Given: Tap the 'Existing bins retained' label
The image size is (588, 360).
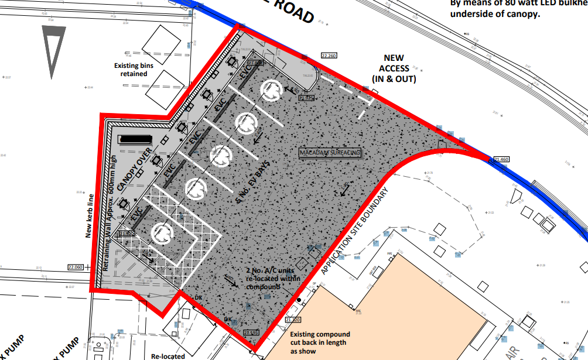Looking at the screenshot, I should click(134, 70).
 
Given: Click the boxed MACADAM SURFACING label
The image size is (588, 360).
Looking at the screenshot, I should click(330, 153).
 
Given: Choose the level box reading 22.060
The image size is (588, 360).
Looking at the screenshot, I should click(76, 267).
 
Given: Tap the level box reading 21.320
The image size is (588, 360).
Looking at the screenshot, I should click(293, 320).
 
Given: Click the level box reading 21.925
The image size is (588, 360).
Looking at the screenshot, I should click(306, 98).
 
